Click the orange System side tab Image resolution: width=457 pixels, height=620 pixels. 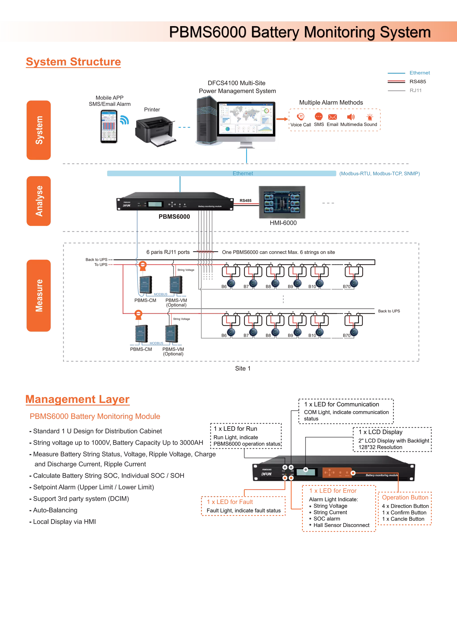click(39, 130)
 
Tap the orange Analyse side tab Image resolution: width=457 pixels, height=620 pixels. click(39, 201)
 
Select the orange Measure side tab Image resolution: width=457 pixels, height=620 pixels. click(39, 295)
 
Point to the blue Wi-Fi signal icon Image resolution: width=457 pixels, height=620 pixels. click(125, 120)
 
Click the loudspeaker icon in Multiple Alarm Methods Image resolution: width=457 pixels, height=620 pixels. click(351, 117)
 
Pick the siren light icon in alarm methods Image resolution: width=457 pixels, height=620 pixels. click(370, 117)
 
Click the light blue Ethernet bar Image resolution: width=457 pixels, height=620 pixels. click(222, 173)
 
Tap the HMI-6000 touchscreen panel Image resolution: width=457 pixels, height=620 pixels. click(282, 202)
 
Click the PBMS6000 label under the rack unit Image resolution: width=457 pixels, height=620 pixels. click(174, 217)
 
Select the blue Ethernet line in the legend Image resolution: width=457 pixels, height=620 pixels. click(396, 73)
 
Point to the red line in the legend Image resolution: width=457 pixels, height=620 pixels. click(396, 81)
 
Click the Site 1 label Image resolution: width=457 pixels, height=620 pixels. click(243, 368)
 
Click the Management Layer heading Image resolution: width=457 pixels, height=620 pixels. click(77, 399)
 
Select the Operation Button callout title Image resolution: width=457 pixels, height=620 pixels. click(405, 497)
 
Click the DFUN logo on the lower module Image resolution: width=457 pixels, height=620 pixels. click(266, 474)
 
